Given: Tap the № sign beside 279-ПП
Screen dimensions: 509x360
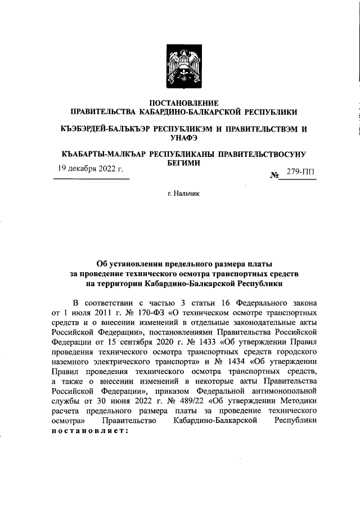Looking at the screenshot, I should [x=275, y=175].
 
